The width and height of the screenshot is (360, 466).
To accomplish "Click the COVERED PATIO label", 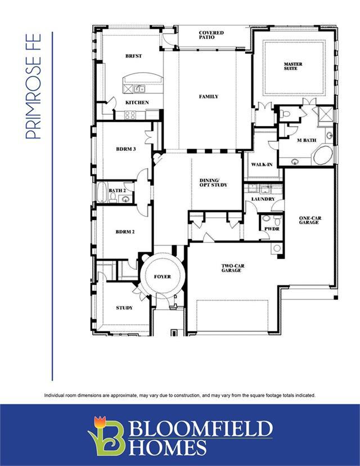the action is pyautogui.click(x=211, y=35).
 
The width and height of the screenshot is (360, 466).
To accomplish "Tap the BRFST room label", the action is pyautogui.click(x=134, y=56).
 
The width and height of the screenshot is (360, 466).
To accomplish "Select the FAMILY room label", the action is pyautogui.click(x=209, y=96).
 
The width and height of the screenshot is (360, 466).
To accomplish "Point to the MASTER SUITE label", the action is pyautogui.click(x=293, y=66).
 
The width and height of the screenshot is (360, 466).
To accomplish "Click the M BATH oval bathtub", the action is pyautogui.click(x=323, y=155).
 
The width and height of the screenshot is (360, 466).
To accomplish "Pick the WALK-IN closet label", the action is pyautogui.click(x=262, y=164).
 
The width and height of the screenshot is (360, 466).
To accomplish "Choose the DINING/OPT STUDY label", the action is pyautogui.click(x=213, y=182).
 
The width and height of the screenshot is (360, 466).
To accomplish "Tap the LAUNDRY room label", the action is pyautogui.click(x=263, y=199).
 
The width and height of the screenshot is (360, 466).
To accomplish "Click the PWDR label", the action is pyautogui.click(x=272, y=229).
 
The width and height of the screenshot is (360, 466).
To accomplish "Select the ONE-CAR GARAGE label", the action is pyautogui.click(x=310, y=220).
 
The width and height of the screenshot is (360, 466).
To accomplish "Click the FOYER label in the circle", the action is pyautogui.click(x=163, y=276).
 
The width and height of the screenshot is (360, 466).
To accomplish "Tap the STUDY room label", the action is pyautogui.click(x=124, y=308).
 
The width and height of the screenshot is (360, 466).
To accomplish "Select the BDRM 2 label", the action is pyautogui.click(x=125, y=231).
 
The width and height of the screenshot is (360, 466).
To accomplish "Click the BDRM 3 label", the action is pyautogui.click(x=126, y=149).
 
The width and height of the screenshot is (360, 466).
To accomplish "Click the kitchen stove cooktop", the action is pyautogui.click(x=130, y=115).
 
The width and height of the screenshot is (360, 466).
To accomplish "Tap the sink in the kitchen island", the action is pyautogui.click(x=139, y=89).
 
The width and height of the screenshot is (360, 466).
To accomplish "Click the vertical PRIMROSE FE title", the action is pyautogui.click(x=33, y=87).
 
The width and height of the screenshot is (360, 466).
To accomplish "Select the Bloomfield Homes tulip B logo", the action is pyautogui.click(x=106, y=436).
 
